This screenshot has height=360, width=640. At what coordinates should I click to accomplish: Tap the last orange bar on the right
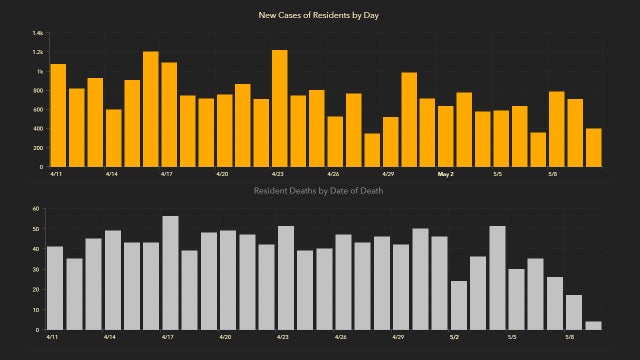tap(593, 147)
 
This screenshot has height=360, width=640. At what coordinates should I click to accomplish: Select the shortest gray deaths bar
tap(593, 325)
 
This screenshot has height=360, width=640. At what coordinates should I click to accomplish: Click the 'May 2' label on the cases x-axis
tap(446, 174)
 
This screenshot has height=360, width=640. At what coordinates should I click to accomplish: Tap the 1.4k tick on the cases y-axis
tap(38, 33)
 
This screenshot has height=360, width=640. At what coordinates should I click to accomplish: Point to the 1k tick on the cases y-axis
tap(40, 72)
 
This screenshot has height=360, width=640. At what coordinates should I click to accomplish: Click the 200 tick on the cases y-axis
tap(39, 148)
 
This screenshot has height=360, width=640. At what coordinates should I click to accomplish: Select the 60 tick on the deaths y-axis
tap(36, 209)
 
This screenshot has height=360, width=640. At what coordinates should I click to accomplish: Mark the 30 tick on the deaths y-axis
tap(36, 269)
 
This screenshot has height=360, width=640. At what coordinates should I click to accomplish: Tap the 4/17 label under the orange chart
tap(169, 174)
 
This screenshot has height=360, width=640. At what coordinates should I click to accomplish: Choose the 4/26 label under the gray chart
tap(336, 338)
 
